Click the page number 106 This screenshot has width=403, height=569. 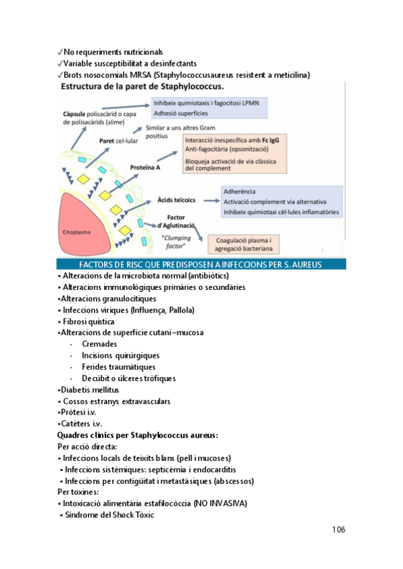point(338,529)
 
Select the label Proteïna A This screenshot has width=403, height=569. point(144,168)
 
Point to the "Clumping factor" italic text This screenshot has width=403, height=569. point(177,242)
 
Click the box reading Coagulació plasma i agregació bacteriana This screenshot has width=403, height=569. point(243,244)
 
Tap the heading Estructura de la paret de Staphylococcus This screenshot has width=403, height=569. point(143,87)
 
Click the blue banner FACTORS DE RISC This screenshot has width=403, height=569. point(201,264)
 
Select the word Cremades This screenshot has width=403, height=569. point(99,344)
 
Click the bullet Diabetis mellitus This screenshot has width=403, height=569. point(89,390)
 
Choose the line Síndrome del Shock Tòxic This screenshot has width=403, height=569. point(107,515)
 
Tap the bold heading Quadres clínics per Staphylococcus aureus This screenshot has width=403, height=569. point(138,435)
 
